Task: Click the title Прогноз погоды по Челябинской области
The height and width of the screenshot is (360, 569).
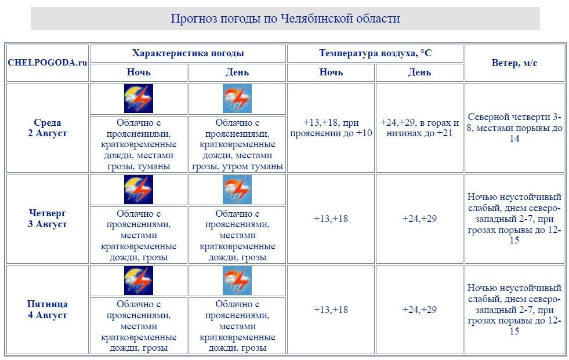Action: [285, 19]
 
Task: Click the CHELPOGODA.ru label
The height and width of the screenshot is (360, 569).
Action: [48, 63]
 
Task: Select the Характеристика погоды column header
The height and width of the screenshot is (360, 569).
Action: [188, 53]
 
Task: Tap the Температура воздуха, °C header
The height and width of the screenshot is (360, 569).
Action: [375, 53]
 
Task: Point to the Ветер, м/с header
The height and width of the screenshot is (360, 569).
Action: [514, 63]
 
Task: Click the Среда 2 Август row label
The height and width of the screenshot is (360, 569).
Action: [48, 128]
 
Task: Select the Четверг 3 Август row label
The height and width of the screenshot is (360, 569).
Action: [48, 219]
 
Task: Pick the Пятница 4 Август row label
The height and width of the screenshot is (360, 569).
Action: [48, 310]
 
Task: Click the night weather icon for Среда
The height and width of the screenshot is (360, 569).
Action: [139, 99]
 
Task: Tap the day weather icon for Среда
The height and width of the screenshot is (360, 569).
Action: [237, 99]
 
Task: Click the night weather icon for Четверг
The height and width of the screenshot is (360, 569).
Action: [139, 190]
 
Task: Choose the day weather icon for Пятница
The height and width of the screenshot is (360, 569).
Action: [237, 281]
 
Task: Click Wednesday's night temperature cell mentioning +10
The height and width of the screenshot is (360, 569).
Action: [331, 128]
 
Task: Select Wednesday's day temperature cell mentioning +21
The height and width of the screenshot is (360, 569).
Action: [419, 128]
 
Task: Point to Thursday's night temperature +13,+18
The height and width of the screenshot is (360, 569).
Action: [331, 219]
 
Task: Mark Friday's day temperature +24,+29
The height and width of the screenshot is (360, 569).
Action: [419, 310]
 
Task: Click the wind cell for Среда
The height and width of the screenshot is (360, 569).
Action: [514, 128]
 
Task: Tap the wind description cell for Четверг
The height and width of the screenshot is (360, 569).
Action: [514, 219]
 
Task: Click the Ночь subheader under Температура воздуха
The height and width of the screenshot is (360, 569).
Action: [331, 72]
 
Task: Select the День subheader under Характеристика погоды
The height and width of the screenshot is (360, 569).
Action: [237, 72]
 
